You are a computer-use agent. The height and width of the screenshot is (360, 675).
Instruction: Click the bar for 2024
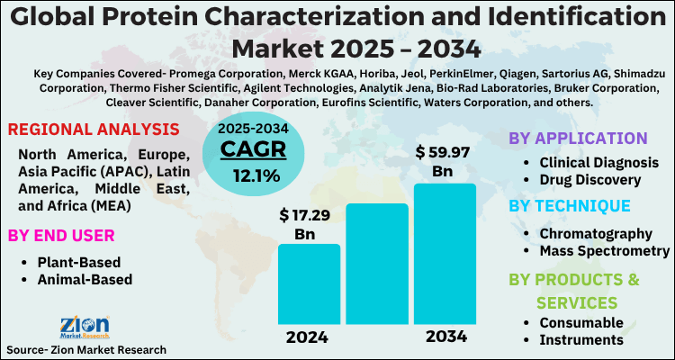tap(309, 283)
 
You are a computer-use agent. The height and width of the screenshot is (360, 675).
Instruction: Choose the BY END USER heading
tap(61, 236)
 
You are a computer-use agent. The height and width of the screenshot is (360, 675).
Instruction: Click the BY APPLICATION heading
tap(578, 139)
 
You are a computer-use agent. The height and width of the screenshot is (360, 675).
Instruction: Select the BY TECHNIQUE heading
tap(570, 206)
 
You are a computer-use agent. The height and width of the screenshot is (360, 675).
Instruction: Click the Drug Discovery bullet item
tap(589, 180)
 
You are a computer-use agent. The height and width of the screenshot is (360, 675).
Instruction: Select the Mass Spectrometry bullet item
tap(604, 250)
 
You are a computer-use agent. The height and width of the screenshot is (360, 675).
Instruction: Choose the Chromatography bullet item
tap(594, 232)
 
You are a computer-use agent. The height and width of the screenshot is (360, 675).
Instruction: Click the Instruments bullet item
tap(580, 339)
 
